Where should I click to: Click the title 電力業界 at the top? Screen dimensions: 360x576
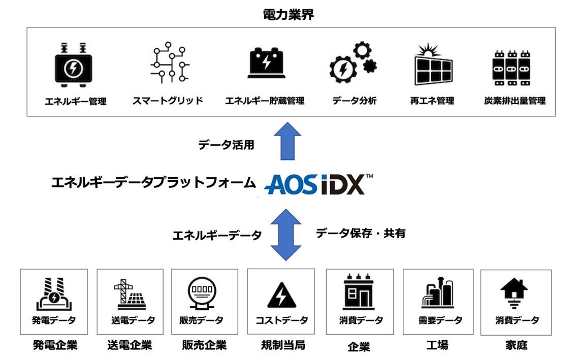click(289, 15)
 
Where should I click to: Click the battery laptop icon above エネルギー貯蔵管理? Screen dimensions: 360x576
click(266, 63)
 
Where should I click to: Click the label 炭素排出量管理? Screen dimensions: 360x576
click(515, 101)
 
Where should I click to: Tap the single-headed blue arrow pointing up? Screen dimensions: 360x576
click(287, 141)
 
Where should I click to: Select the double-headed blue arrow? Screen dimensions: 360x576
click(286, 235)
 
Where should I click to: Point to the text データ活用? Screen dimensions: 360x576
click(226, 145)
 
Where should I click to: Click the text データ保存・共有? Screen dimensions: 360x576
click(361, 233)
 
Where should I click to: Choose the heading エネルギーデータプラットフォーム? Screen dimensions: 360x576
click(153, 183)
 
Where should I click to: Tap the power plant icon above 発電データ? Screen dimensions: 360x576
click(53, 294)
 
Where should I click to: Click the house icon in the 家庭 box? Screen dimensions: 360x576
click(514, 293)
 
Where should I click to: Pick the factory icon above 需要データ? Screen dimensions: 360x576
click(437, 293)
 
